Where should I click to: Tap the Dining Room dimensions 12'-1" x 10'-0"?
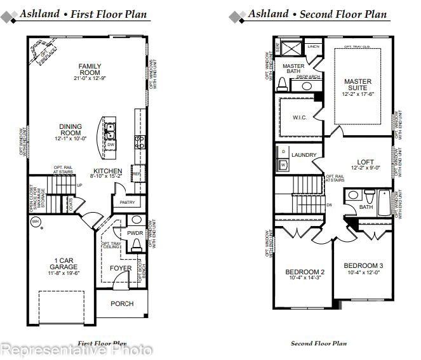tap(70, 138)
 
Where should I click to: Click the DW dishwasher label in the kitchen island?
tap(110, 145)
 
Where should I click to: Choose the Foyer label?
tap(121, 269)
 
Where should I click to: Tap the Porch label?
tap(122, 303)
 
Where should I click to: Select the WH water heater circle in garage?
tap(36, 222)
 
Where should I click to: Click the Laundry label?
tap(304, 154)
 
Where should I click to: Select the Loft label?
tap(366, 162)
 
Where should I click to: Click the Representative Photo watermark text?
tap(76, 349)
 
